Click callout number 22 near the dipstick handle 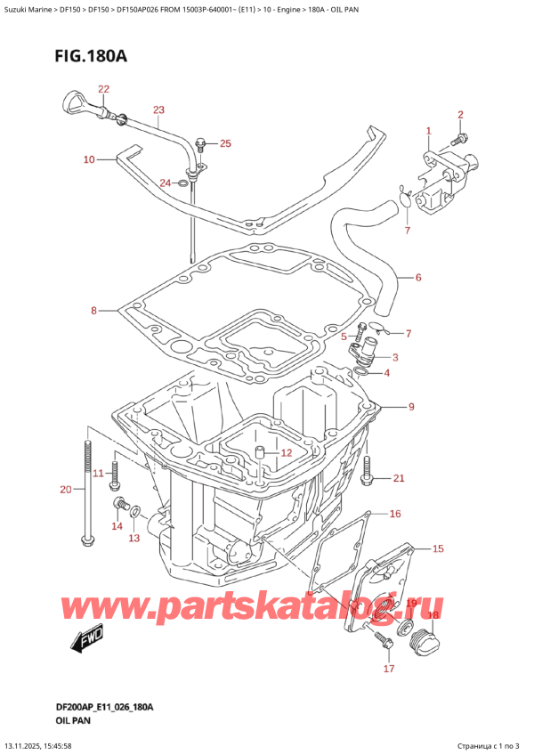click(103, 89)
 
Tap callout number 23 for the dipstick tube click(158, 110)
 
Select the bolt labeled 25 click(201, 142)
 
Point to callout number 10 click(89, 160)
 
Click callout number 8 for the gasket click(93, 311)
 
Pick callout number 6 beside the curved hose click(417, 277)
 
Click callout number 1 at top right click(428, 131)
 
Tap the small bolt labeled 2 click(457, 139)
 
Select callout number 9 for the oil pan click(410, 408)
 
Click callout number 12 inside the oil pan click(286, 453)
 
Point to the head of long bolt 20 click(85, 540)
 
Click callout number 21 click(398, 479)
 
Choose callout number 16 click(395, 514)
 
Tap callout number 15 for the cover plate click(437, 548)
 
